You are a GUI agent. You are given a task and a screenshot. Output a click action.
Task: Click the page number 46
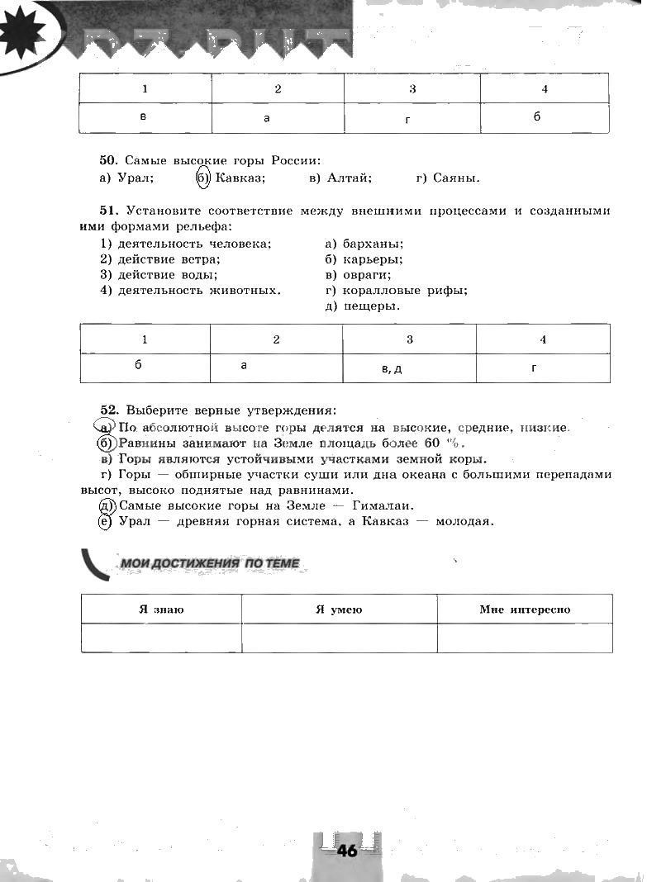click(x=347, y=851)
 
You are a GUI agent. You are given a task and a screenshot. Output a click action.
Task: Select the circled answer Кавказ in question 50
click(x=239, y=178)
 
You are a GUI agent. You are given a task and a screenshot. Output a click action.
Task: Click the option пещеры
click(x=371, y=306)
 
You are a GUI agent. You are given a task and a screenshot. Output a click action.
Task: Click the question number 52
click(x=109, y=410)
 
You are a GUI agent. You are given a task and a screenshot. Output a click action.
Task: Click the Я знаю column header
click(x=161, y=609)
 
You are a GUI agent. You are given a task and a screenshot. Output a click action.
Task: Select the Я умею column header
click(x=339, y=609)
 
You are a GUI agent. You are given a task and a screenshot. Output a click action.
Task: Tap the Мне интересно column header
click(x=525, y=609)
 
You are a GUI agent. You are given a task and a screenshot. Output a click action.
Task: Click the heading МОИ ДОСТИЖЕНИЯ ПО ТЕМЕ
click(x=210, y=563)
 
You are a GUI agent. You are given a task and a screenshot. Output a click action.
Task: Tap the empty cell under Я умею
click(x=339, y=638)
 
